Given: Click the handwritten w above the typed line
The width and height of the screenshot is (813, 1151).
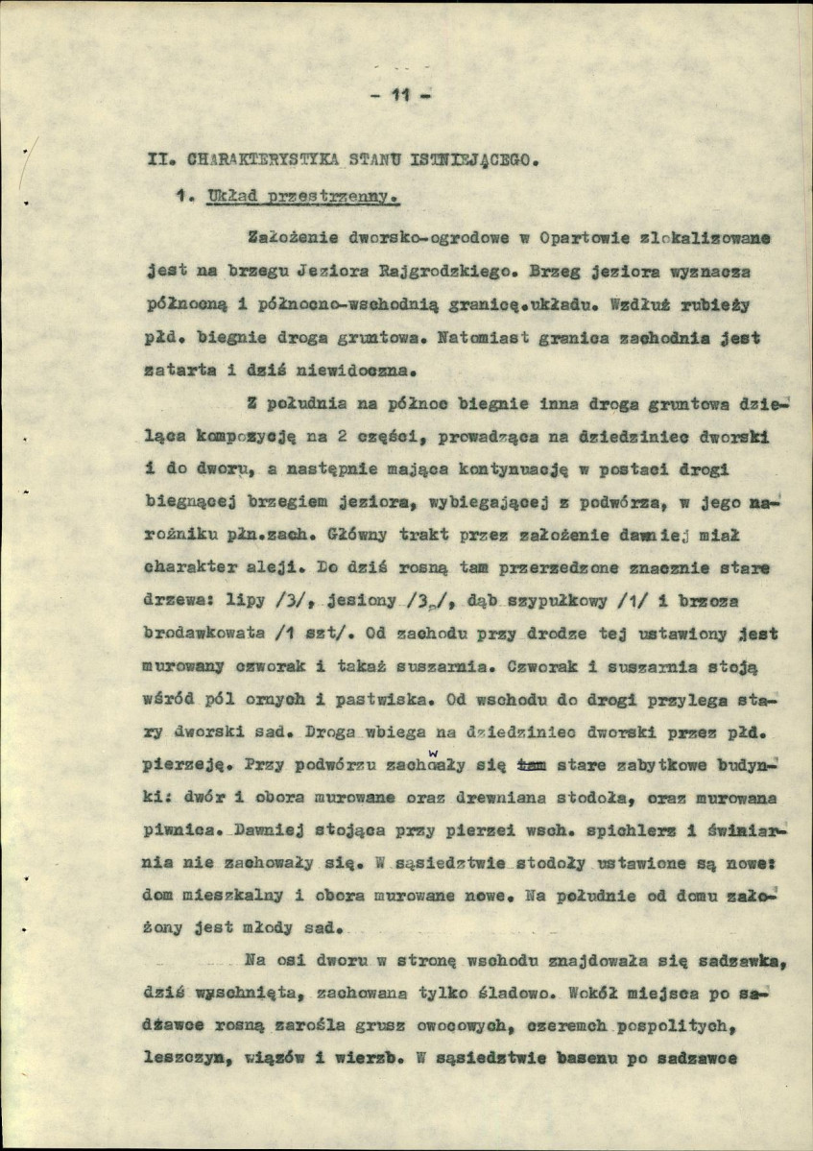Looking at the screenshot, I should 434,753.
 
